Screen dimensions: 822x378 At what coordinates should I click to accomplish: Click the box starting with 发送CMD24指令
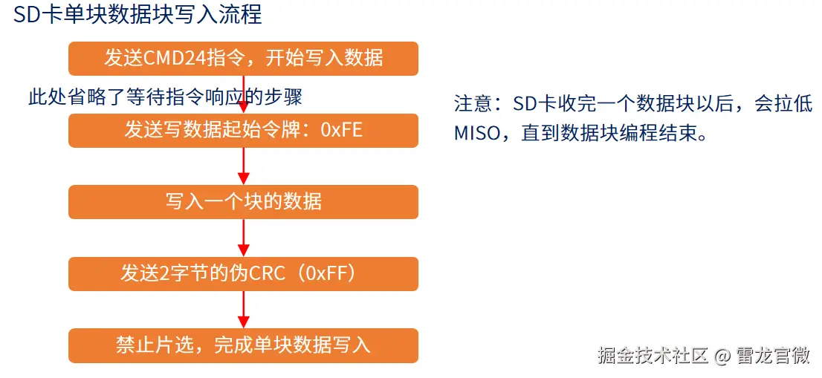tap(243, 59)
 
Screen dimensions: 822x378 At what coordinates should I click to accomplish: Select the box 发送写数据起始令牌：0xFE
tap(243, 131)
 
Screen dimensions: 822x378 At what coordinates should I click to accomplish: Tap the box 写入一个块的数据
tap(243, 202)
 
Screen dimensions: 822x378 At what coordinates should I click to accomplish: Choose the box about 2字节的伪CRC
tap(243, 274)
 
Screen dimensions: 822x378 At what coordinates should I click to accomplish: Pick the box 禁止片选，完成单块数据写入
tap(243, 345)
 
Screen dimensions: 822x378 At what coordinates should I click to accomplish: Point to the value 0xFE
tap(341, 130)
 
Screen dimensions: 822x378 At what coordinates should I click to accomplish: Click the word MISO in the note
tap(478, 133)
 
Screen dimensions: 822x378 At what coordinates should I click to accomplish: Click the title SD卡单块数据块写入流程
tap(138, 15)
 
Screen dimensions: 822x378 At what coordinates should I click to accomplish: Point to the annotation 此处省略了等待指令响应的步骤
tap(165, 97)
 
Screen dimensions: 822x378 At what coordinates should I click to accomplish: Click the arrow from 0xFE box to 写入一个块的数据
tap(243, 166)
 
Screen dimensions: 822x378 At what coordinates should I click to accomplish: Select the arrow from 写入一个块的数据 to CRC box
tap(243, 238)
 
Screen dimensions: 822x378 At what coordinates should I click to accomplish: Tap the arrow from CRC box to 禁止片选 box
tap(243, 310)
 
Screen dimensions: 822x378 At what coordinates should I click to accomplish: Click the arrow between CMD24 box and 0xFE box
tap(243, 95)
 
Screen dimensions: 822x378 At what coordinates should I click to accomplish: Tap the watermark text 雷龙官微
tap(773, 356)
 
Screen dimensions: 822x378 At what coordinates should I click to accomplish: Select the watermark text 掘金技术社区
tap(653, 356)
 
